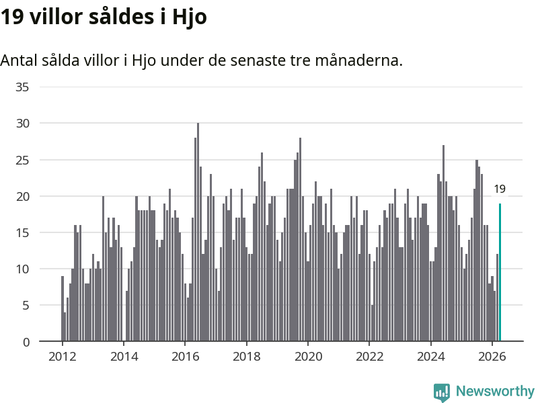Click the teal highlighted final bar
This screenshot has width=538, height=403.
click(500, 273)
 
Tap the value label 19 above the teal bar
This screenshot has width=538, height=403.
click(500, 189)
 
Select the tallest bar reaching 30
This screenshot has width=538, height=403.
click(198, 232)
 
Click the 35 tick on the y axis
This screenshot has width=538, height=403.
click(22, 87)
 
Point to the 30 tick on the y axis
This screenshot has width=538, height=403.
click(22, 124)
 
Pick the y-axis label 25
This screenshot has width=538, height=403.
click(22, 160)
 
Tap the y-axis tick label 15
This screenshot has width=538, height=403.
click(22, 232)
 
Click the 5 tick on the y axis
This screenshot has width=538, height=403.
click(26, 306)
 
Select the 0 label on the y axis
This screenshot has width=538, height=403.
click(26, 342)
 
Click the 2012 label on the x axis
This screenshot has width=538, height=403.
click(62, 357)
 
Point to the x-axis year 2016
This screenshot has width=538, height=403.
click(186, 357)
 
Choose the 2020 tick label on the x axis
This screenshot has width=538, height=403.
click(308, 357)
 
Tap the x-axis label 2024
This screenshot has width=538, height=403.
click(430, 357)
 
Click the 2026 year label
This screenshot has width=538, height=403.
click(492, 357)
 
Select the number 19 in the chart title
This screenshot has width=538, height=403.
click(11, 16)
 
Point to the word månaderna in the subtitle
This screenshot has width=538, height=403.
click(358, 60)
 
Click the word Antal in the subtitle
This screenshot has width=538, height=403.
click(19, 60)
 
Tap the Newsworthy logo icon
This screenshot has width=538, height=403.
click(442, 392)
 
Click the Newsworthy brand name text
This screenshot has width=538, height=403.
click(495, 391)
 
